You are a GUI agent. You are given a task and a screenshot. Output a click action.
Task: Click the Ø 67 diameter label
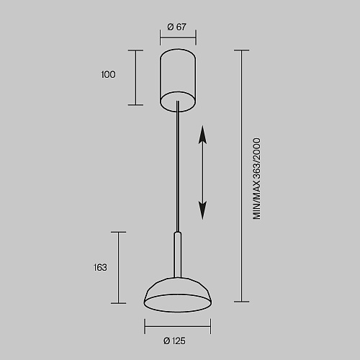coord(176,27)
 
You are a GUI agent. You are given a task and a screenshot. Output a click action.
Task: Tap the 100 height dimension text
coord(108,74)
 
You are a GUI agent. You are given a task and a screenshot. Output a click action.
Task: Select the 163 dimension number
coord(100,267)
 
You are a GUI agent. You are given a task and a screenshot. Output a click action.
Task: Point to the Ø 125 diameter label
coord(174,341)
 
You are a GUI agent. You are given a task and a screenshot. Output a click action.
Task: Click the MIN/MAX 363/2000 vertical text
coord(256,179)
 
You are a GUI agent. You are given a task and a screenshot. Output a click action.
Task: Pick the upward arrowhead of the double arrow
coord(202,135)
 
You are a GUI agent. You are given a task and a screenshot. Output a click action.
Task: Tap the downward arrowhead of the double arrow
coord(202,210)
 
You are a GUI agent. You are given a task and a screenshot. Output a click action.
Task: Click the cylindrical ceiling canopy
coord(178,81)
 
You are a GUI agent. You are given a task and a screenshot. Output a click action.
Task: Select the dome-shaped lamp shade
coord(178,294)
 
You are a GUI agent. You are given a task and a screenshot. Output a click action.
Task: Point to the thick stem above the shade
coord(178,254)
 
